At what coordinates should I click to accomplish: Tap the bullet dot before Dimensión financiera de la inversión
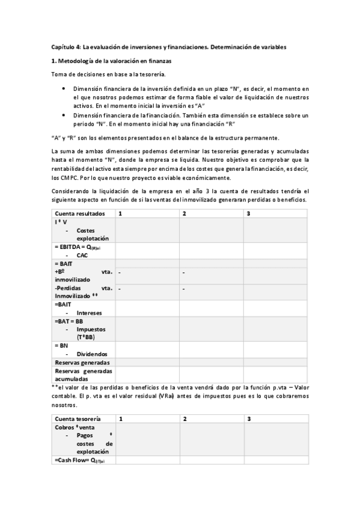click(64, 88)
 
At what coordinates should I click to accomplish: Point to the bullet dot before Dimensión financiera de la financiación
click(64, 114)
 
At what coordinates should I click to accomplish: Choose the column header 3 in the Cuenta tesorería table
click(248, 418)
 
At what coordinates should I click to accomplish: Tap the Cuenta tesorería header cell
click(78, 418)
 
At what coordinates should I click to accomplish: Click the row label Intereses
click(90, 313)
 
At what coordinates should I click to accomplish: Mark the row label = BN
click(62, 346)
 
